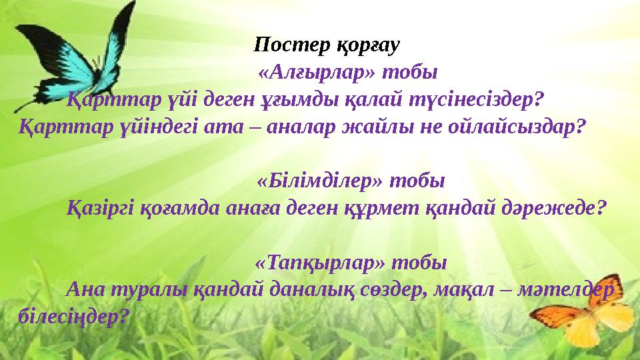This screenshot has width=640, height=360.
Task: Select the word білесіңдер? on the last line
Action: (71, 316)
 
